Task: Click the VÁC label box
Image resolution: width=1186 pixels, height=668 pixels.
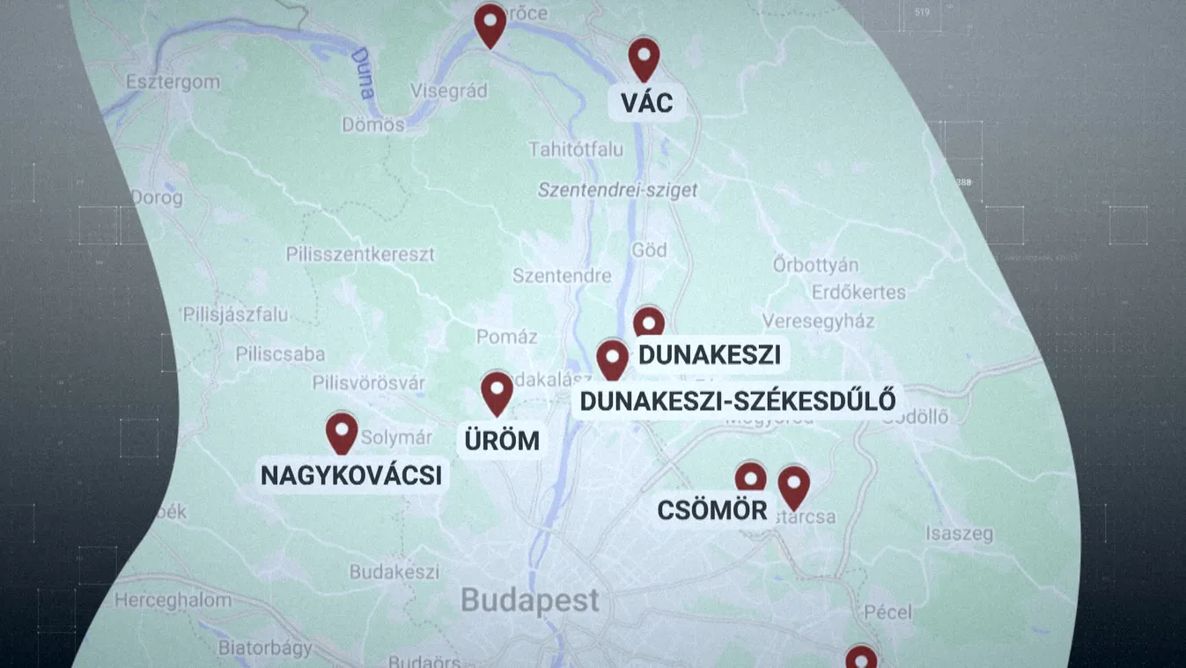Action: point(646,103)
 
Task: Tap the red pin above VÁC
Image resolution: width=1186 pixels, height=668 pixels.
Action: point(644,57)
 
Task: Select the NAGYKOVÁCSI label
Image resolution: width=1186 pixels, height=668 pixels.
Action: point(351,476)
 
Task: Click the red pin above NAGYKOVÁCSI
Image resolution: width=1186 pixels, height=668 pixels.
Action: point(342,432)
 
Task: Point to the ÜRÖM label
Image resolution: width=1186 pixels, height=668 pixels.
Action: point(502,440)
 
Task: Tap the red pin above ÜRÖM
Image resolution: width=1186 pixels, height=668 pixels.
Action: point(497,391)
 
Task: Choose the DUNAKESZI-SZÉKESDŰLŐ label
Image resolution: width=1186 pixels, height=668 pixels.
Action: point(738,400)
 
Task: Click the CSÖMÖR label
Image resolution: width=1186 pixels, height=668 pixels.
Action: point(712,510)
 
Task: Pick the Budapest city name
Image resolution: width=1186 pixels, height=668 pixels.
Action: point(530,601)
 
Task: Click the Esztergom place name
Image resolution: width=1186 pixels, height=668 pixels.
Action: point(173,82)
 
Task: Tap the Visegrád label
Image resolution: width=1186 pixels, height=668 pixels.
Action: point(449,91)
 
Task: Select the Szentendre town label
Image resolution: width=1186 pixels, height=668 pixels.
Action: point(562,276)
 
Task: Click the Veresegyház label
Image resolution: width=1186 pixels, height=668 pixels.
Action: point(818,322)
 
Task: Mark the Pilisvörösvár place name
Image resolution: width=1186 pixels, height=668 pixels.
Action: point(369,383)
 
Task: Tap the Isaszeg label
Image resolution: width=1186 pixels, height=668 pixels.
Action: point(959,534)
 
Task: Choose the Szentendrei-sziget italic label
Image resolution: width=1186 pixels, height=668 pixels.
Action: point(617,190)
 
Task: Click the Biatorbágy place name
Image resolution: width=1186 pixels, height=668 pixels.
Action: point(265,649)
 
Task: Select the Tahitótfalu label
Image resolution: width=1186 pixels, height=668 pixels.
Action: point(576,150)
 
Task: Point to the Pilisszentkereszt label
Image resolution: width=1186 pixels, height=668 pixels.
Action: point(360,255)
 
